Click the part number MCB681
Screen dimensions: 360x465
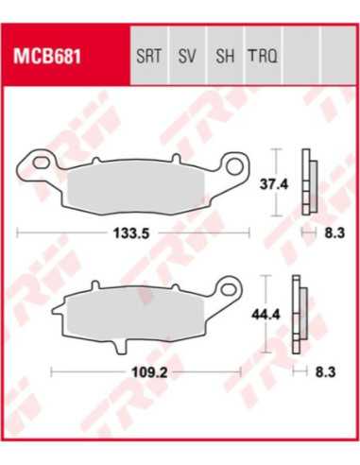pos(46,57)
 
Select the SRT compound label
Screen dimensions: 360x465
pos(149,56)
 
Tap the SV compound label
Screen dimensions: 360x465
pos(187,56)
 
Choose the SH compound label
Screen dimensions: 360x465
pos(225,56)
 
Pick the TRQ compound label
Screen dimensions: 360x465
pos(263,56)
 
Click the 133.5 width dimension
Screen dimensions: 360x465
pos(131,233)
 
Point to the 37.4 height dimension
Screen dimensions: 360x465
pos(274,184)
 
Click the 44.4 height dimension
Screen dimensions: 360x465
pos(266,315)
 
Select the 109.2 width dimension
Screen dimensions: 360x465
pos(149,372)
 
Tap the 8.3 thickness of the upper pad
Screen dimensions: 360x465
pos(334,233)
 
